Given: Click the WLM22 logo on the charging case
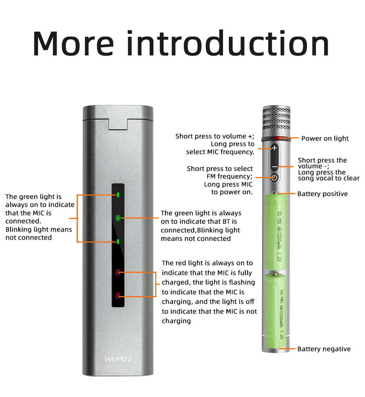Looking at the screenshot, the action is (x=118, y=359).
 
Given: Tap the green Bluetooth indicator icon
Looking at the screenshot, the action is (x=118, y=218).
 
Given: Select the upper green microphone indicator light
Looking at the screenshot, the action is (x=118, y=195).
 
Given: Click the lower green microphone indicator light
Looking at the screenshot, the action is (x=118, y=241).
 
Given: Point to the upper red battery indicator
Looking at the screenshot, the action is (x=118, y=272).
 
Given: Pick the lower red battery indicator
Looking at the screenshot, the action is (x=118, y=295).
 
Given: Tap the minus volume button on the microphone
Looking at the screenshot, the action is (x=274, y=166).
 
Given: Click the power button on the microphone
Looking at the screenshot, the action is (x=274, y=178).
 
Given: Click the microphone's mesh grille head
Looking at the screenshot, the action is (x=276, y=118).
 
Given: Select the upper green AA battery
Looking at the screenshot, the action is (x=276, y=231).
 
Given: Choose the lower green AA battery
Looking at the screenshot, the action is (x=275, y=310).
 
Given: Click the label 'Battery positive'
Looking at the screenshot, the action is (x=322, y=194).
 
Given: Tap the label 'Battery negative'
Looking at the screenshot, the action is (x=324, y=349).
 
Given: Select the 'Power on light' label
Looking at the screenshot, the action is (x=325, y=138).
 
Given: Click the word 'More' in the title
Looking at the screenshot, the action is (x=73, y=44).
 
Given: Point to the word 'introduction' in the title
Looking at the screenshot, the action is (x=228, y=43).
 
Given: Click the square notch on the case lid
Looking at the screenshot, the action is (x=118, y=124).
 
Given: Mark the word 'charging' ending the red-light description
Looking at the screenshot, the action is (x=176, y=321).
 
